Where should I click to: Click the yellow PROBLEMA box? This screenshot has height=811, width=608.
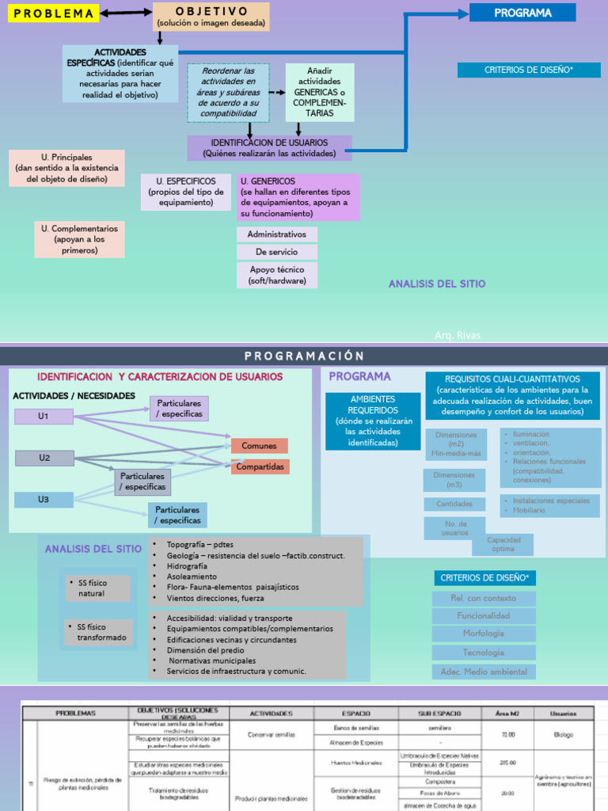click(54, 13)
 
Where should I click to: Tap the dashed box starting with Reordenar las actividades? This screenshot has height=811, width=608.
click(228, 93)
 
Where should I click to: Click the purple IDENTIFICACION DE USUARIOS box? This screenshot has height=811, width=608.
click(269, 147)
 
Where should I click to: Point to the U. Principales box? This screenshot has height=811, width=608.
click(67, 168)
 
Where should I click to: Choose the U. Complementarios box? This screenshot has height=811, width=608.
click(79, 239)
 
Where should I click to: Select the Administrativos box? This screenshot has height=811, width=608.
click(276, 234)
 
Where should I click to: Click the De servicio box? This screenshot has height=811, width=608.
click(276, 252)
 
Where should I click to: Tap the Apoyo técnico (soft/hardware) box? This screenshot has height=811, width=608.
click(276, 275)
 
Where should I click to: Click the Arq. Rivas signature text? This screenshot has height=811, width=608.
click(458, 336)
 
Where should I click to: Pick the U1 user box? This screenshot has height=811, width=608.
click(44, 417)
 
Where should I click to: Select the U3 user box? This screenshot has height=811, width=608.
click(44, 500)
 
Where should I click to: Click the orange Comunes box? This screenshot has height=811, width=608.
click(259, 446)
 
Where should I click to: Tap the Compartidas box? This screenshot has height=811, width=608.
click(260, 466)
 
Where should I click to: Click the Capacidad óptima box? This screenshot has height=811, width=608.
click(503, 544)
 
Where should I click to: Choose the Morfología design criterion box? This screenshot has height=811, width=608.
click(484, 634)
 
